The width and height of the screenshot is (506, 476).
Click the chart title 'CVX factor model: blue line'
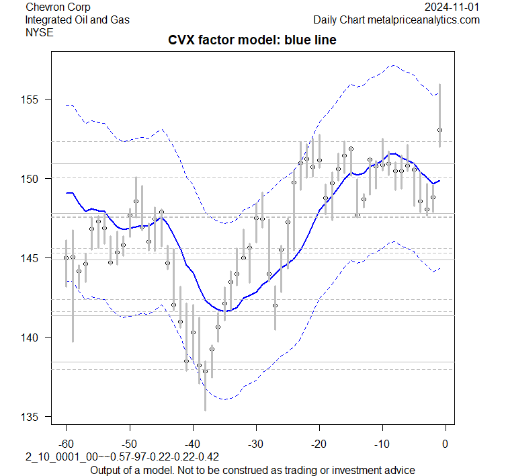(x=252, y=41)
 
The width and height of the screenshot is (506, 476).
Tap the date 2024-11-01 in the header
(x=453, y=7)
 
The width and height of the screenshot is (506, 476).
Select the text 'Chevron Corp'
(x=57, y=7)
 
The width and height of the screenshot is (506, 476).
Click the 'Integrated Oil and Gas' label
(x=78, y=19)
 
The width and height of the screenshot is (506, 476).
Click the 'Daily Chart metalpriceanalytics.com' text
(x=396, y=19)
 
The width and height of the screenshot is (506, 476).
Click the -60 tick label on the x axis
(x=66, y=443)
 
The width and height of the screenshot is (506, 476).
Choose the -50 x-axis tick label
(x=129, y=443)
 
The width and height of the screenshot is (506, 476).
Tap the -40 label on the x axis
(x=192, y=443)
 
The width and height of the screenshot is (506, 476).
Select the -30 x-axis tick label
(x=255, y=443)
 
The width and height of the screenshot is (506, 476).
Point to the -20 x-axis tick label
(x=319, y=443)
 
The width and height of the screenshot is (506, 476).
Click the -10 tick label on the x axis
(x=382, y=443)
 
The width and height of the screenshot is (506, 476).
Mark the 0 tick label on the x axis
(x=446, y=443)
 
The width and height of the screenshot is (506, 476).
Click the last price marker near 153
(x=439, y=130)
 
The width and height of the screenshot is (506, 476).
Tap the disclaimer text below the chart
(x=252, y=469)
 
